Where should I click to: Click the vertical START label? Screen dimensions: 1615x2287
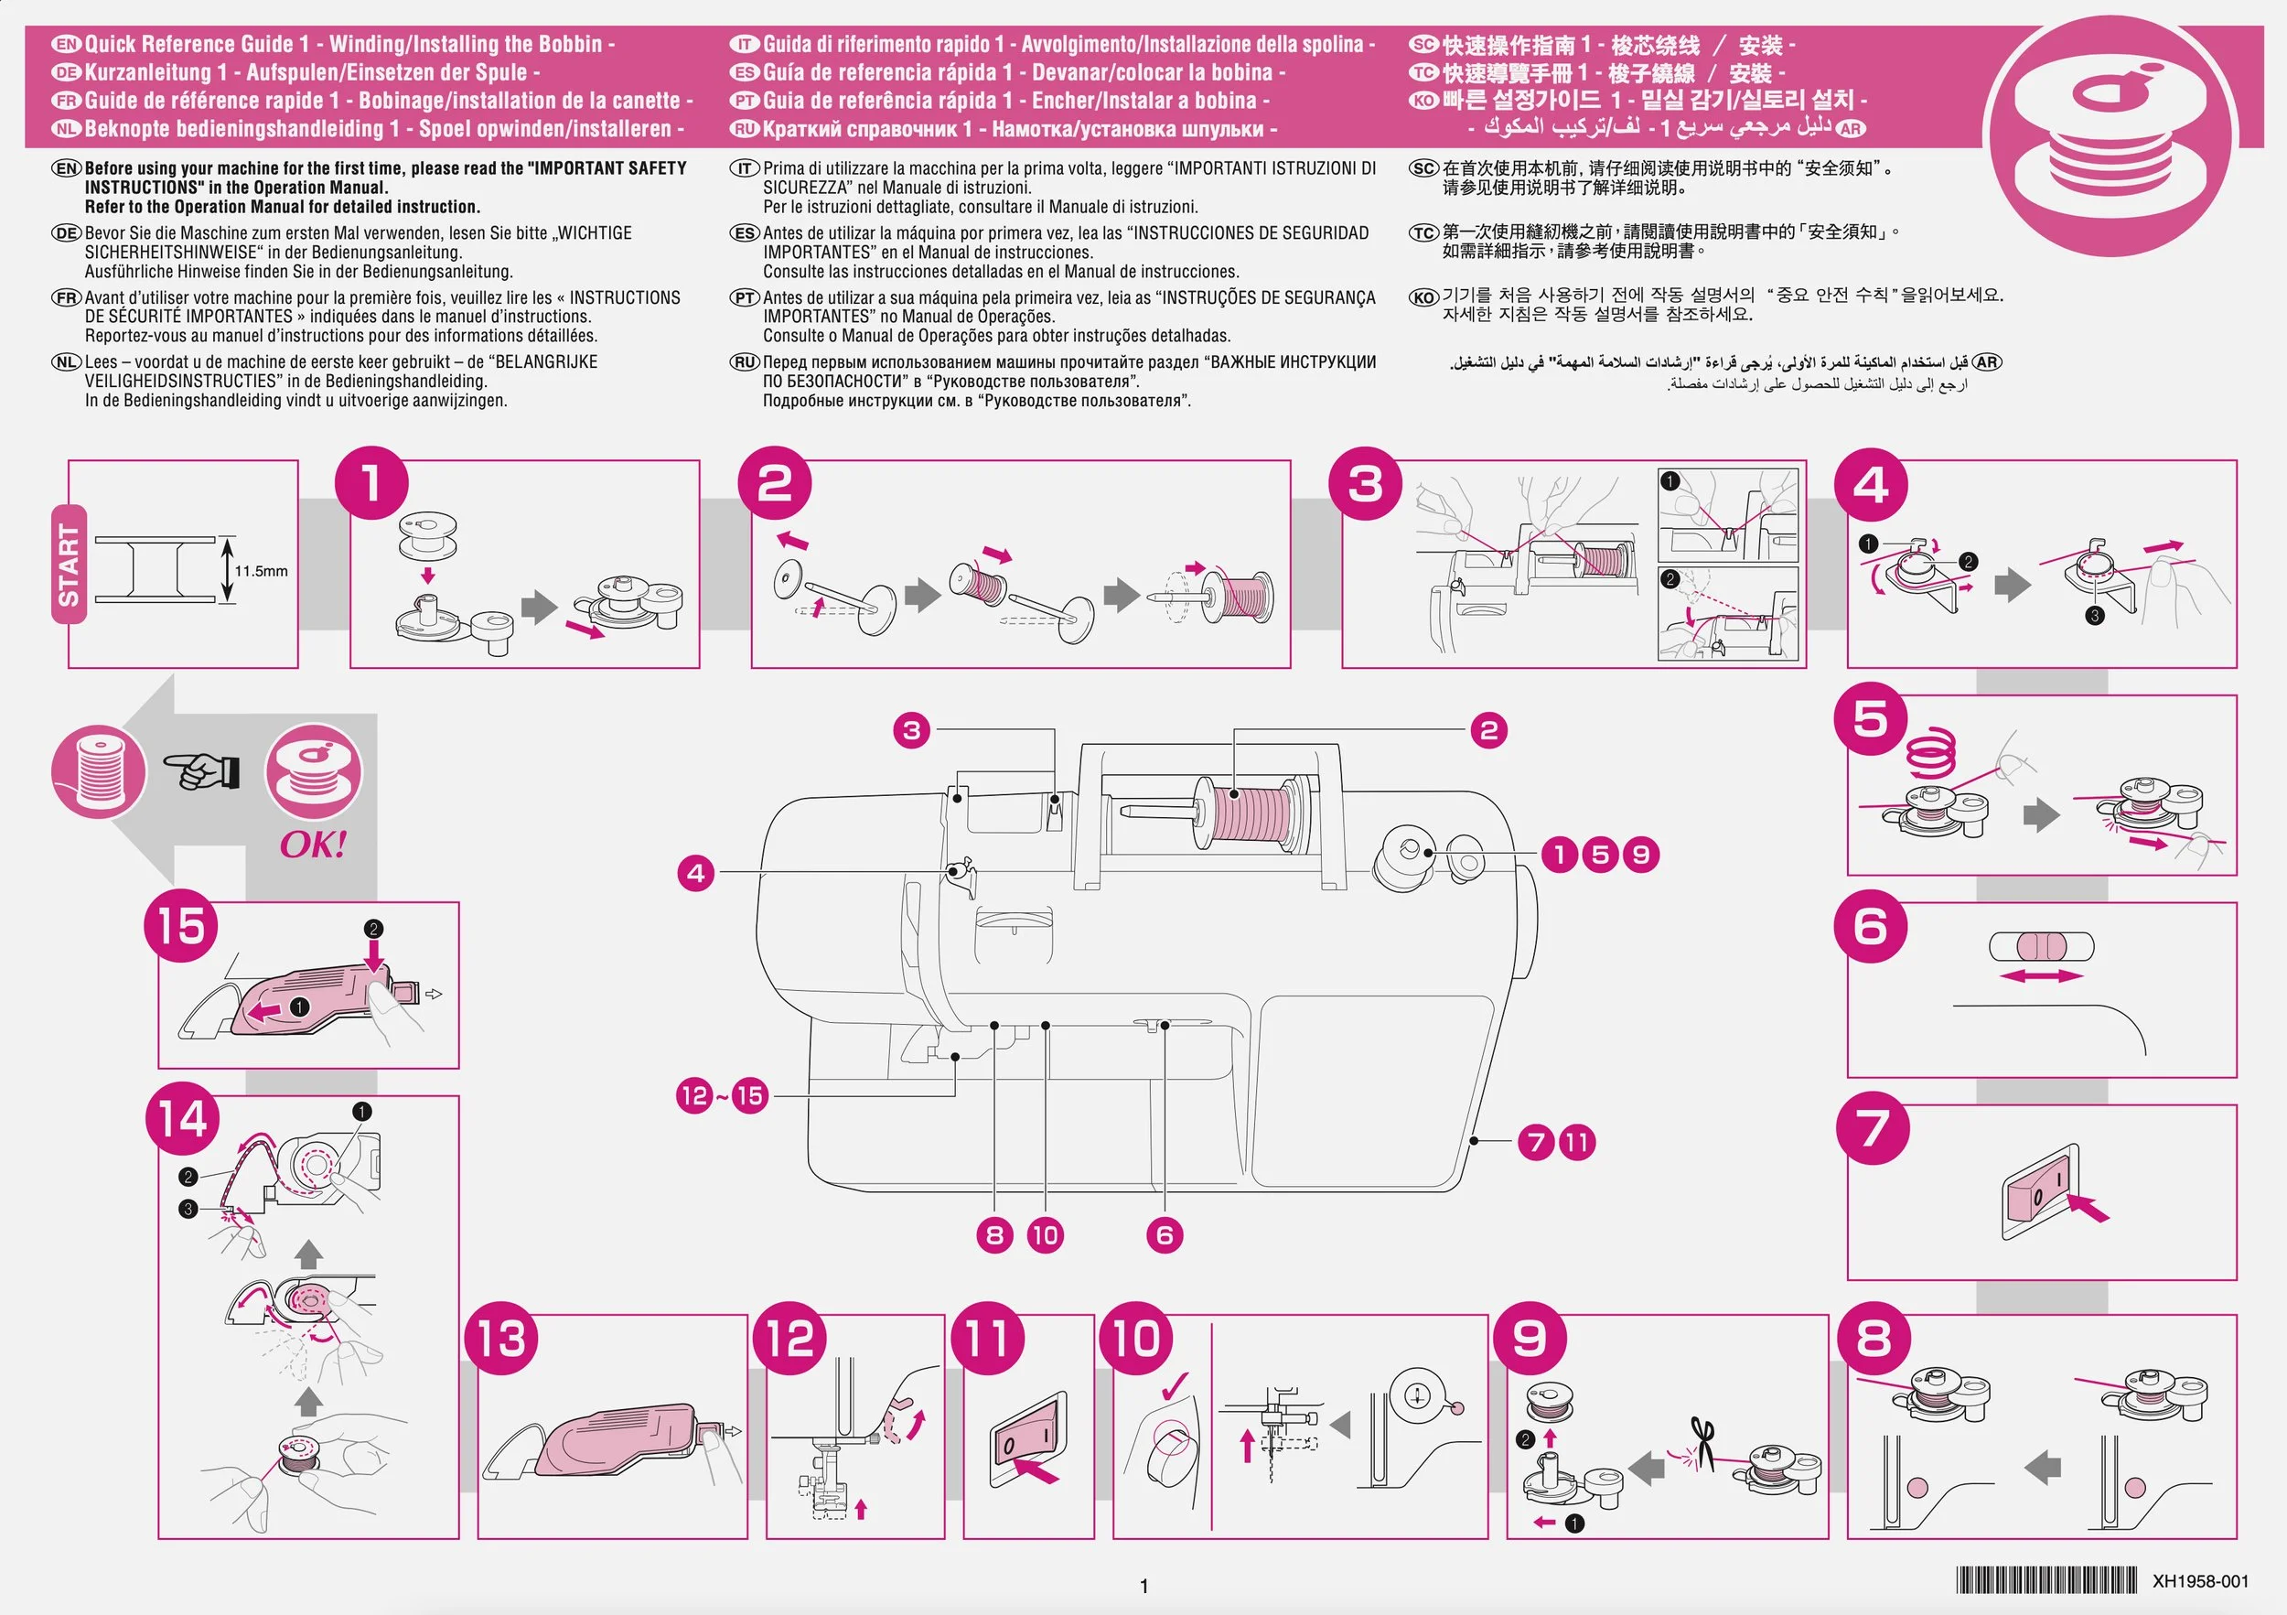click(x=69, y=565)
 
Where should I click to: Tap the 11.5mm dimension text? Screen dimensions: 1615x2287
click(x=261, y=571)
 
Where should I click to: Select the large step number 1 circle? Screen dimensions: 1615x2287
click(x=371, y=484)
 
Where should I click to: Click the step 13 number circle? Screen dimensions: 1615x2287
click(x=501, y=1339)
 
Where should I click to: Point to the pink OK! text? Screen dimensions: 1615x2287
click(x=313, y=845)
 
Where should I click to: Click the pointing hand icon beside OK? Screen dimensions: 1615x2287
click(x=203, y=770)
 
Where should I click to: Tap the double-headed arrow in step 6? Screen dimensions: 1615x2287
click(x=2041, y=976)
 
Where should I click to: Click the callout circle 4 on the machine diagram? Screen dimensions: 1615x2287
click(x=696, y=874)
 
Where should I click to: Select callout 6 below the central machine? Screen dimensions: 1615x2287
click(x=1165, y=1235)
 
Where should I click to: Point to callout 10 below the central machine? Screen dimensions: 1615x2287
click(x=1045, y=1235)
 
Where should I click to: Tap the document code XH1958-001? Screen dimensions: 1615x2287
click(x=2199, y=1581)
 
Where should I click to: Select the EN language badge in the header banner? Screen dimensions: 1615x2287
click(x=67, y=44)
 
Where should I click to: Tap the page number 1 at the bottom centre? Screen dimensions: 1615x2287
click(x=1143, y=1586)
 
